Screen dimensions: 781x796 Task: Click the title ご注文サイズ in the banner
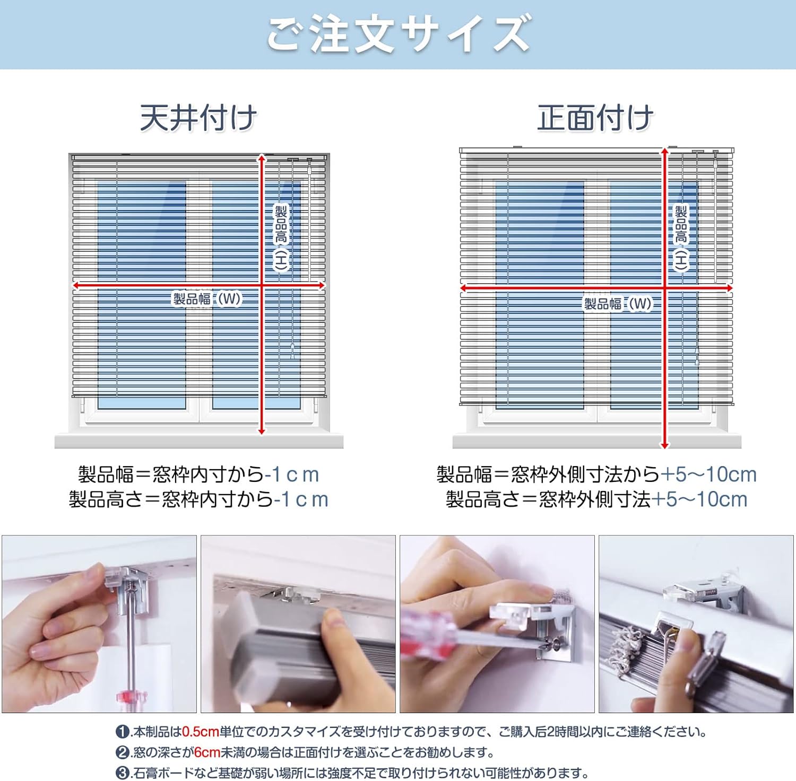click(x=398, y=34)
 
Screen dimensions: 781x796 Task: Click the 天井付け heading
click(x=198, y=118)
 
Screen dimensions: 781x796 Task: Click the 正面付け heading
click(x=595, y=118)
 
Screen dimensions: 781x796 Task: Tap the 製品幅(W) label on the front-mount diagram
click(x=618, y=304)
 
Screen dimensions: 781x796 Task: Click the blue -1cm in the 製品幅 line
click(x=292, y=475)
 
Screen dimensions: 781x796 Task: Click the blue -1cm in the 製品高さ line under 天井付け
click(x=301, y=499)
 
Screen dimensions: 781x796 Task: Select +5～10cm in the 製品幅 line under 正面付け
click(x=708, y=475)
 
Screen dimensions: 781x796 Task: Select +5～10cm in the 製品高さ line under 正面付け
click(x=699, y=499)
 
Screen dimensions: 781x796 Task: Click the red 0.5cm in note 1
click(x=200, y=732)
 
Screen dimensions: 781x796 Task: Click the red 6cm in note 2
click(x=207, y=752)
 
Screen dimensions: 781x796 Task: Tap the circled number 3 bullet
click(x=123, y=773)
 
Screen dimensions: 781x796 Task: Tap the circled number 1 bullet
click(x=123, y=732)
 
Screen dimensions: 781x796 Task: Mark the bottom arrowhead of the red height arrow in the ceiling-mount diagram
click(x=261, y=431)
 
